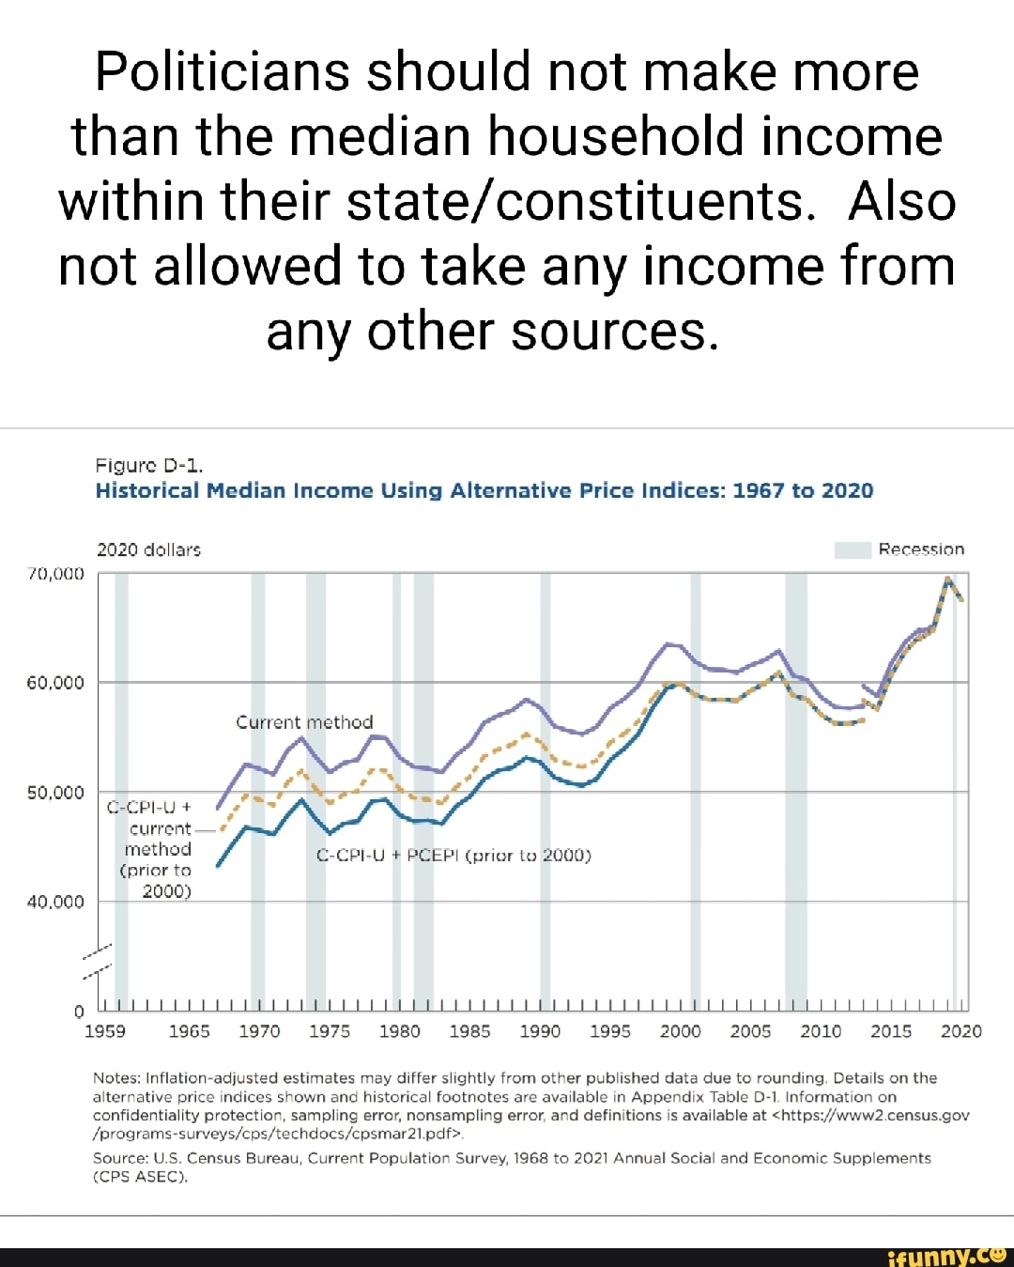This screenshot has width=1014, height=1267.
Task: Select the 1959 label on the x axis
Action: coord(105,1031)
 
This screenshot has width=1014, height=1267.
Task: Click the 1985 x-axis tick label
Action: coord(469,1031)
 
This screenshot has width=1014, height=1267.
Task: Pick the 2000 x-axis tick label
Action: coord(681,1031)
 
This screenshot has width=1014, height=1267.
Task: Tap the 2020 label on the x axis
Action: coord(961,1031)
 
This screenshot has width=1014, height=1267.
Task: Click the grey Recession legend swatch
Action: coord(853,549)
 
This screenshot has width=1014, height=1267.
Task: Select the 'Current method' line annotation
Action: coord(304,722)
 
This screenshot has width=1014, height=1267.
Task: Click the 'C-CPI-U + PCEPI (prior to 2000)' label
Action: coord(453,856)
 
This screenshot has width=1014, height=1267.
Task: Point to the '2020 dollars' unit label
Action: coord(148,549)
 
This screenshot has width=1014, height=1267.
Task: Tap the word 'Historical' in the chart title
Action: coord(147,490)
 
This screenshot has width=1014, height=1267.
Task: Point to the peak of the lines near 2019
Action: coord(948,579)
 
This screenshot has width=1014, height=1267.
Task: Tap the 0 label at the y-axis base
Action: coord(79,1012)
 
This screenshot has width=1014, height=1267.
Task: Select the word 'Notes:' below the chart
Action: coord(117,1078)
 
